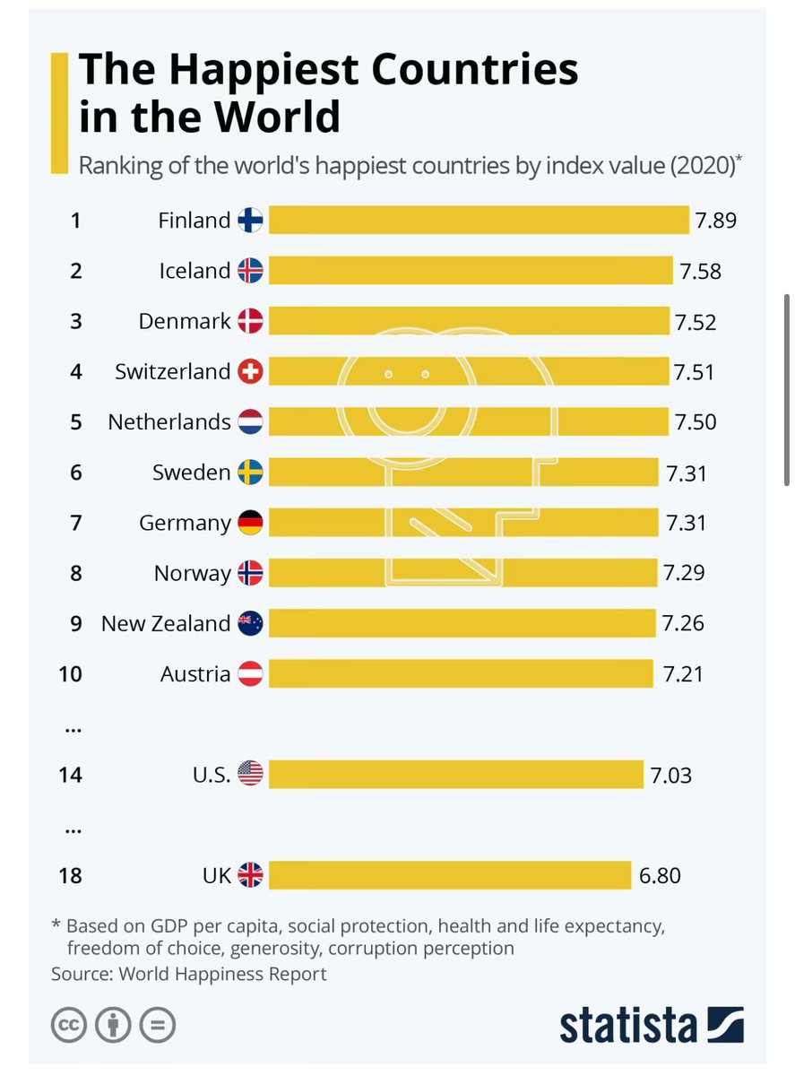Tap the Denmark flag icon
click(250, 321)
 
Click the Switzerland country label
click(172, 371)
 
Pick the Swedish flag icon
click(250, 473)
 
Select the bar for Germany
click(462, 523)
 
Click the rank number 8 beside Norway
click(75, 573)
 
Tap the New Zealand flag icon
click(250, 623)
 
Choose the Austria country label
click(195, 673)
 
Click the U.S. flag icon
click(250, 774)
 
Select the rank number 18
click(70, 875)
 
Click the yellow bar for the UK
click(450, 875)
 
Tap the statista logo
click(652, 1025)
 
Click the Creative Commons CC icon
click(69, 1025)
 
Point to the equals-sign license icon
click(158, 1025)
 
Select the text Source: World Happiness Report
click(189, 973)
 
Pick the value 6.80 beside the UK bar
click(660, 875)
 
